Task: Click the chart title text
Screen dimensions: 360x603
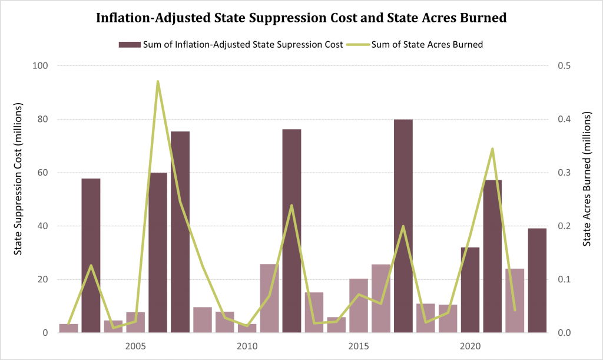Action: pos(301,18)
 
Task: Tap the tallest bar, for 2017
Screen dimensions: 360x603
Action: pos(403,226)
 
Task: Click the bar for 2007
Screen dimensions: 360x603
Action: pos(180,232)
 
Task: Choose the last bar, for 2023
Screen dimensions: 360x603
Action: pos(537,280)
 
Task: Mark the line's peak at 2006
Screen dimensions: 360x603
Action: pos(158,81)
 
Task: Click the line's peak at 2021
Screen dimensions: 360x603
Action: pos(492,149)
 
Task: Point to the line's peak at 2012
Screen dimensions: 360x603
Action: pos(291,206)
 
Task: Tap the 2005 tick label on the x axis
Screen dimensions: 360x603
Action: pos(135,345)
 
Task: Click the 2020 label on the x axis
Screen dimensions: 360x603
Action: pos(470,345)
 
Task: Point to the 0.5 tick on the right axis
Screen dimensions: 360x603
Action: pos(564,66)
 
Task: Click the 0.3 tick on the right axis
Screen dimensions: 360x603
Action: pos(564,173)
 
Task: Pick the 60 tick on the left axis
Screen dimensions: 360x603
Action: pos(43,173)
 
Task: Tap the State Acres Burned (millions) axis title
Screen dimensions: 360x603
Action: pos(587,180)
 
